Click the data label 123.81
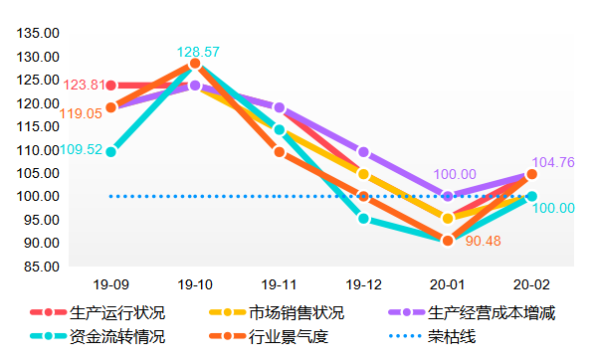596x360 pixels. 83,86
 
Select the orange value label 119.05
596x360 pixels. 81,114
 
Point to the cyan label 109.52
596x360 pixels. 81,150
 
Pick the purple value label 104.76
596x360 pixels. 553,163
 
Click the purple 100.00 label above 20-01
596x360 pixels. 455,174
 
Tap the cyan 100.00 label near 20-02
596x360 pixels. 553,208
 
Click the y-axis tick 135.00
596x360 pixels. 39,33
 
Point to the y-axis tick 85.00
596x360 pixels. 39,267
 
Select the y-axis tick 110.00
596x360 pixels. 39,150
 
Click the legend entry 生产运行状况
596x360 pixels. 117,313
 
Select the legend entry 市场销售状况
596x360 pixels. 297,313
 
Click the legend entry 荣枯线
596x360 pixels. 453,336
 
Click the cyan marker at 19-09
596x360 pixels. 110,151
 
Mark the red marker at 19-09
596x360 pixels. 110,86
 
